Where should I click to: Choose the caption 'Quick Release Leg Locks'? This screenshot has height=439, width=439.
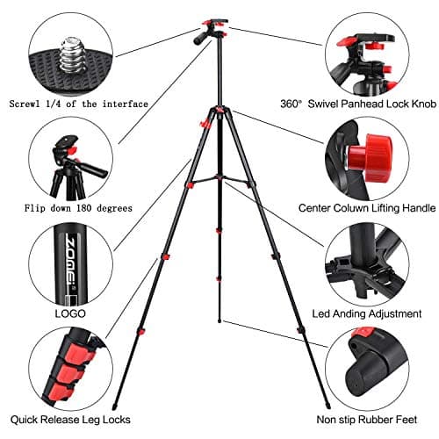click(74, 420)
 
